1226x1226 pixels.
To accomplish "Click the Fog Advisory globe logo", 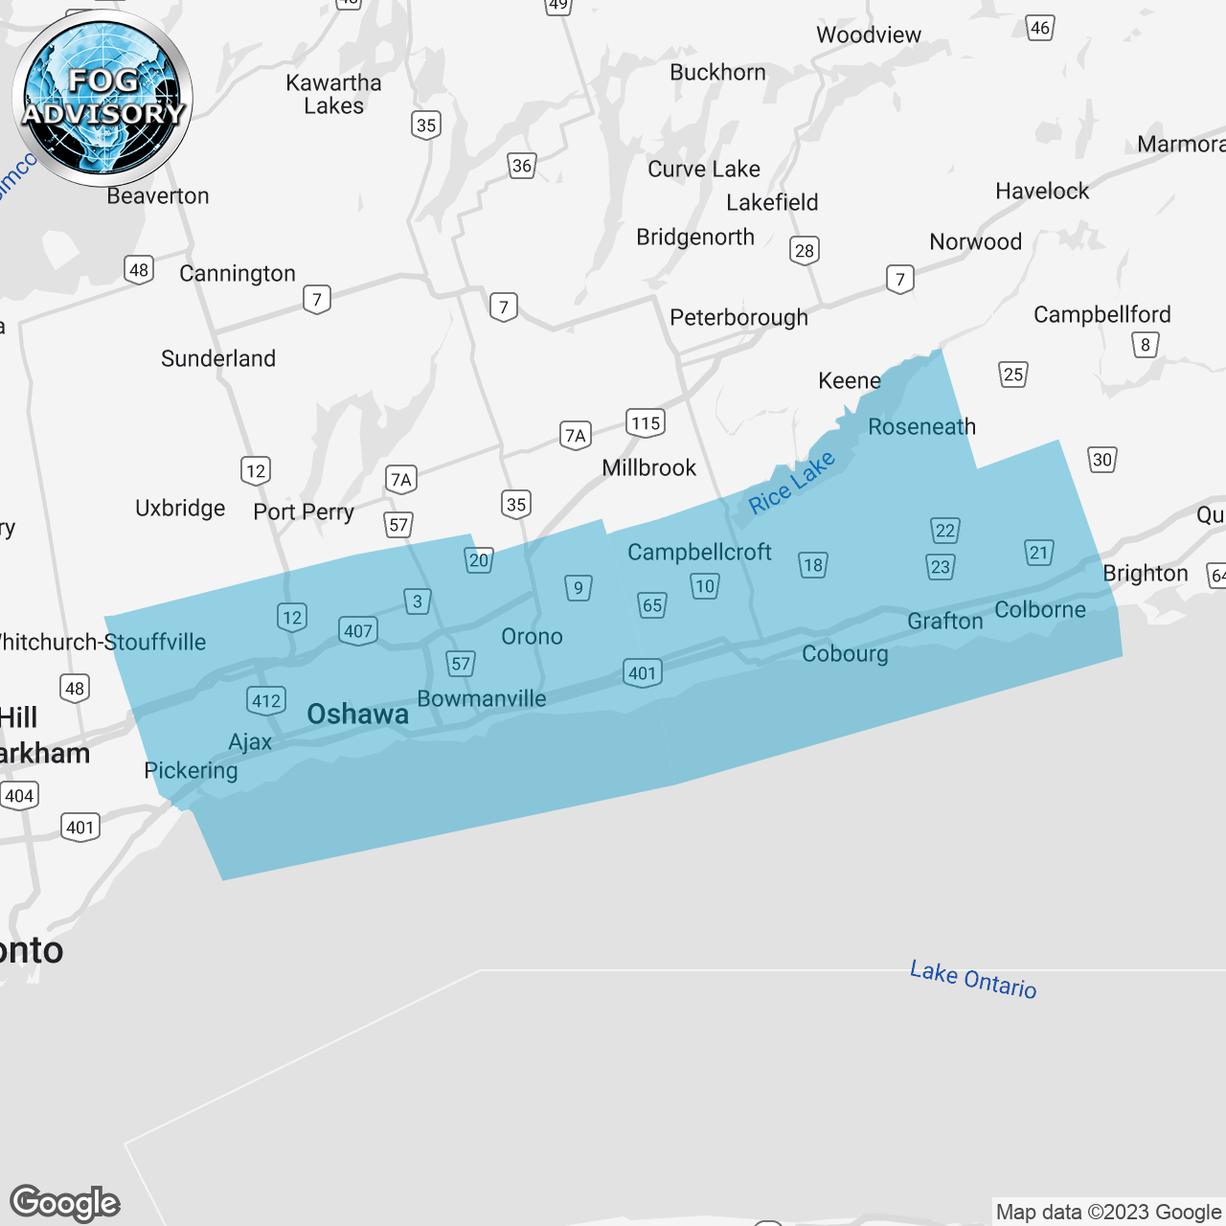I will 102,99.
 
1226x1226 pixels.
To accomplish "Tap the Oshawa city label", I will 357,715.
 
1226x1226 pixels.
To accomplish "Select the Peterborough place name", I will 738,317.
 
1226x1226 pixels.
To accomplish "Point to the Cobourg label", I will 845,654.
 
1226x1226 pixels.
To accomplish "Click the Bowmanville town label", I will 482,699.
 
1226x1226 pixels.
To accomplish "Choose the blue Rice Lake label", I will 791,483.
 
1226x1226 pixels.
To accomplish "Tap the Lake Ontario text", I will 973,980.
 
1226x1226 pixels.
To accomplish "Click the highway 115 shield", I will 646,422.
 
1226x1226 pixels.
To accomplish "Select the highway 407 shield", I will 358,630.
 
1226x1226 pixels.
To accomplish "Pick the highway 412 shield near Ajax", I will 266,700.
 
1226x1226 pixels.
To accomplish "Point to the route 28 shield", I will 805,250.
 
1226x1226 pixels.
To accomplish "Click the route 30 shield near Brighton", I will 1102,460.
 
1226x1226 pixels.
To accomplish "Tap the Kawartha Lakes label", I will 333,94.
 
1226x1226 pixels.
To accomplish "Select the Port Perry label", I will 304,512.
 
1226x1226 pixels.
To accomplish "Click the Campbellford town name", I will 1101,314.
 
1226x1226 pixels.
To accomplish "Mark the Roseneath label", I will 921,427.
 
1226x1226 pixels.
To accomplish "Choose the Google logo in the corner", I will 65,1203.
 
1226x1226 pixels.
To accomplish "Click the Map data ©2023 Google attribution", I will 1108,1212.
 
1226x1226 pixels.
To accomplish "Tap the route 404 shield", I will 19,796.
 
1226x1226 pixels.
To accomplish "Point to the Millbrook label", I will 648,468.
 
